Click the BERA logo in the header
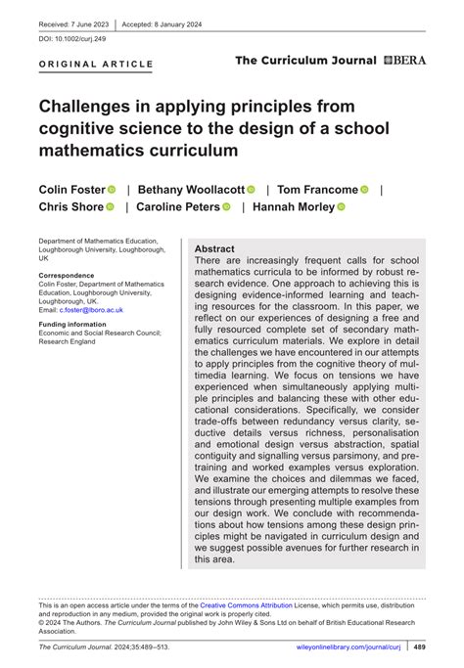(x=404, y=61)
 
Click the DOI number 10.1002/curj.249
(x=73, y=40)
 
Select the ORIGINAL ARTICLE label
(x=96, y=65)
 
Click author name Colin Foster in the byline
(x=71, y=189)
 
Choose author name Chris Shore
(x=70, y=207)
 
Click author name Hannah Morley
(x=293, y=207)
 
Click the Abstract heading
(x=214, y=249)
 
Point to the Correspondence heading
(x=67, y=276)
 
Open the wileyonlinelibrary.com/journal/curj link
(x=349, y=647)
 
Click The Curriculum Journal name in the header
(x=305, y=61)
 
